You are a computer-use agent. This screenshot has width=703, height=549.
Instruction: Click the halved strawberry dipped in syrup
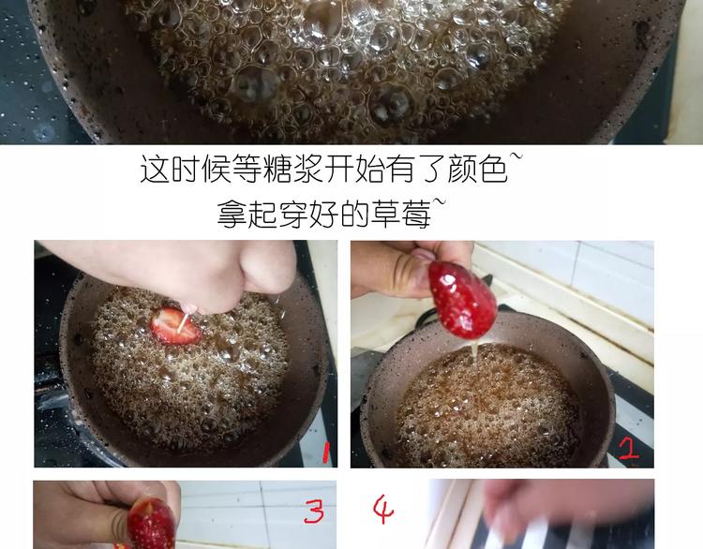(x=175, y=326)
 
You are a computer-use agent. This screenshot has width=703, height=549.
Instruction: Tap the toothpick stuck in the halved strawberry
(x=184, y=322)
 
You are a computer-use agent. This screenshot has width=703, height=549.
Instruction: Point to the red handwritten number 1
(x=325, y=452)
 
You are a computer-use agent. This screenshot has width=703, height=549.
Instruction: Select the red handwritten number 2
(x=629, y=448)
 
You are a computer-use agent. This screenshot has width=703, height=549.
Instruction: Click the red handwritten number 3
(x=314, y=511)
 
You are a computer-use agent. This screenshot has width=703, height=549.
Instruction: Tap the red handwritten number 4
(x=383, y=509)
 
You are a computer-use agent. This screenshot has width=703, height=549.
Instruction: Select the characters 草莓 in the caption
(x=401, y=214)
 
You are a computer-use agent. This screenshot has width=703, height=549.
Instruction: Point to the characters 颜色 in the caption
(x=477, y=169)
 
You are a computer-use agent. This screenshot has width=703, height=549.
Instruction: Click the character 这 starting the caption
(x=155, y=169)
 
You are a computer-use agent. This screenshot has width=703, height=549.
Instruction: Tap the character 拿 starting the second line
(x=232, y=214)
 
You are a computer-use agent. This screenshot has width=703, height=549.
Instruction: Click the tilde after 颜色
(x=516, y=157)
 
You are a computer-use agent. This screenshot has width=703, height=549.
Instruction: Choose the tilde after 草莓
(x=440, y=202)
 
